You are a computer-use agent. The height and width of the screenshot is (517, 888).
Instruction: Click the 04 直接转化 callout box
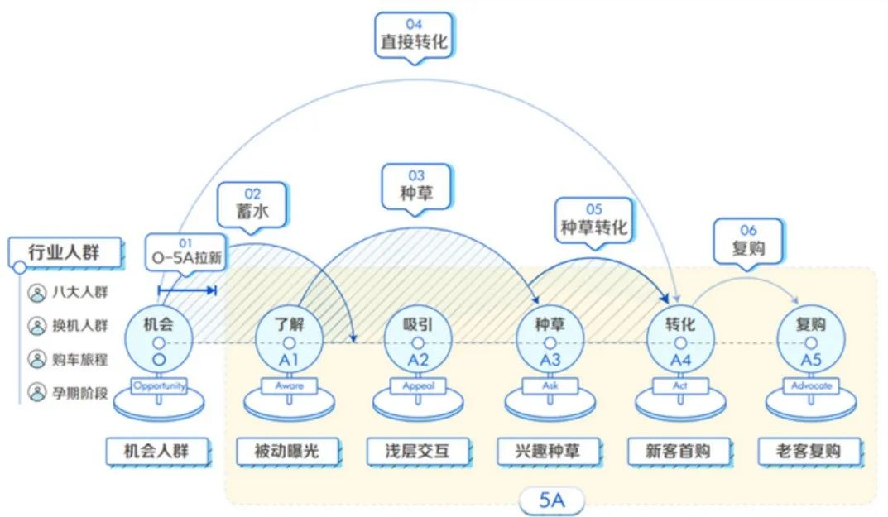coord(414,35)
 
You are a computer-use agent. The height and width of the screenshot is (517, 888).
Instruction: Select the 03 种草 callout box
coord(416,187)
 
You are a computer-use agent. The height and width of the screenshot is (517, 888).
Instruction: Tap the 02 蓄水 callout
coord(252,205)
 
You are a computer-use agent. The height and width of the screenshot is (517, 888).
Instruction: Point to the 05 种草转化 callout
coord(593,221)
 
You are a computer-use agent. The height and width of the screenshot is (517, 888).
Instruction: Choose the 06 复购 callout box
coord(748,242)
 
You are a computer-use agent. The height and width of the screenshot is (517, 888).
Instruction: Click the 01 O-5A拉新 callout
coord(186,253)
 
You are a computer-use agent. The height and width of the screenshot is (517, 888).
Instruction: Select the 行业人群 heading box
coord(65,252)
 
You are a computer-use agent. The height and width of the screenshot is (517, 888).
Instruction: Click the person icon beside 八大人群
coord(37,293)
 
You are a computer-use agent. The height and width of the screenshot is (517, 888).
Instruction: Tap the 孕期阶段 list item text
coord(79,392)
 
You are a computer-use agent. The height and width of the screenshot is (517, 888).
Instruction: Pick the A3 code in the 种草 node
coord(550,360)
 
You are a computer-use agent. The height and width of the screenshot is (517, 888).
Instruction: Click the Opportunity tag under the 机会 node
coord(159,385)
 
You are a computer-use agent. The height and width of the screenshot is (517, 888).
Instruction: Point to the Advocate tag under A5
coord(811,385)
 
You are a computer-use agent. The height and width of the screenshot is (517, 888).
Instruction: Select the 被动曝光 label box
coord(288,452)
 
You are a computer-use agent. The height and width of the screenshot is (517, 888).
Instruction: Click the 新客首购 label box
coord(679,452)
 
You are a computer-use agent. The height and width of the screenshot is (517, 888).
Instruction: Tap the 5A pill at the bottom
coord(552,500)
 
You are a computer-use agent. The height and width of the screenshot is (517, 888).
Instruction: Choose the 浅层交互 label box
coord(418,452)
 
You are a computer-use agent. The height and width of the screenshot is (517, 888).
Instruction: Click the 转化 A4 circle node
coord(680,340)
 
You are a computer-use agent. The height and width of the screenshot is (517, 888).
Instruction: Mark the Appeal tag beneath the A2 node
coord(419,385)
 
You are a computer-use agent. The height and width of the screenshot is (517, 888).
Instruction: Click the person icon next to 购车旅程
coord(37,359)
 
